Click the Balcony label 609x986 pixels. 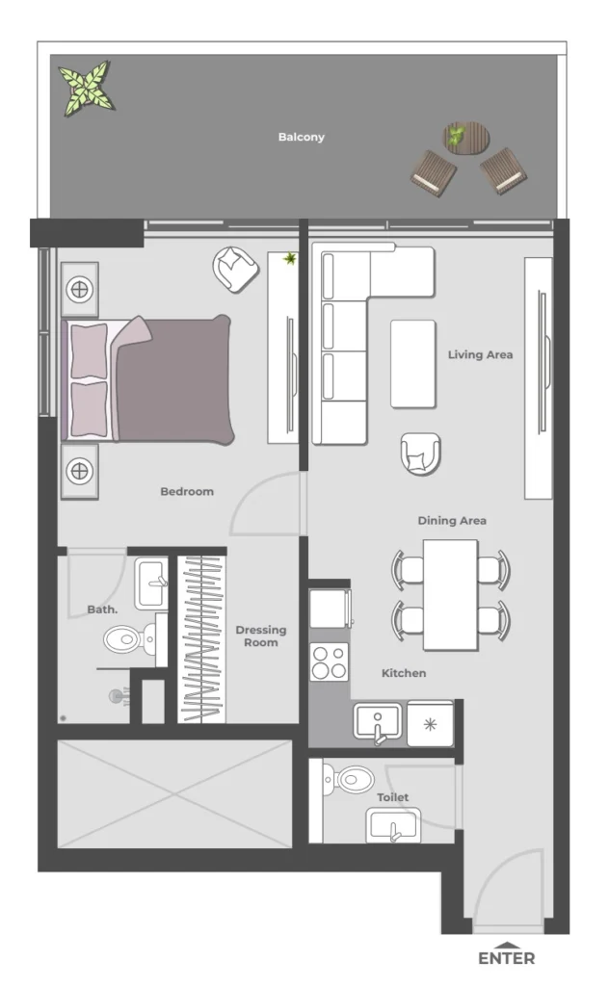(x=302, y=137)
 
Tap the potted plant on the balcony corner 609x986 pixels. (x=87, y=88)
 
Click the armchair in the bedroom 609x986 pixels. (x=235, y=269)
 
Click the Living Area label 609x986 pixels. (x=480, y=354)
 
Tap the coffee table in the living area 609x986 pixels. (x=413, y=363)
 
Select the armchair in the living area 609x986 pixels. (x=421, y=453)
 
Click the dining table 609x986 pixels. (x=450, y=593)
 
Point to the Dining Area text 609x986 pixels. (x=451, y=521)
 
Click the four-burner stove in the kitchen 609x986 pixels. (x=330, y=662)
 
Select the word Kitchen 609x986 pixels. (x=404, y=673)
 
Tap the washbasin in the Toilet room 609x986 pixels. (x=393, y=825)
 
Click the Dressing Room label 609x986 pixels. (x=261, y=636)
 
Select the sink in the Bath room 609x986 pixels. (x=151, y=582)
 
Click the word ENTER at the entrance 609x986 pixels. (x=506, y=958)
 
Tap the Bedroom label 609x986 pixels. (x=187, y=491)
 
